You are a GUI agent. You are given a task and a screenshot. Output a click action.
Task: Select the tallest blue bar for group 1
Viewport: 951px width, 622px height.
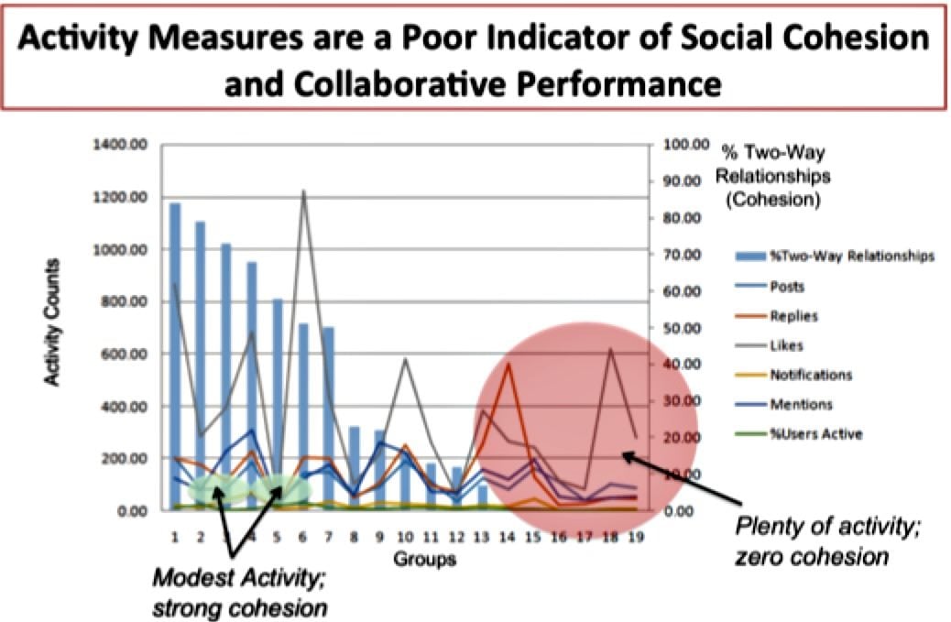175,357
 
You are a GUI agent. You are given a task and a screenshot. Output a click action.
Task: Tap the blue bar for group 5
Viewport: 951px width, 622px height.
278,403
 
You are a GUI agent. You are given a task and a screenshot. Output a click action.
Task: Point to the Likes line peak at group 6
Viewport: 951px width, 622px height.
303,191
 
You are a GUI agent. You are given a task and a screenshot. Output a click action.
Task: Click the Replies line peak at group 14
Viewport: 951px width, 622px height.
508,364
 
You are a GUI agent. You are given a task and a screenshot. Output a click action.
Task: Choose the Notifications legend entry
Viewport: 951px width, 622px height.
810,375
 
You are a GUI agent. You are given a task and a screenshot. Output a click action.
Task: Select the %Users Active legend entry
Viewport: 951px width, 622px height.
814,433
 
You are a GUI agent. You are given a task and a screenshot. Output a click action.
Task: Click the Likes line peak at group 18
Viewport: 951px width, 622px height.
611,348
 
